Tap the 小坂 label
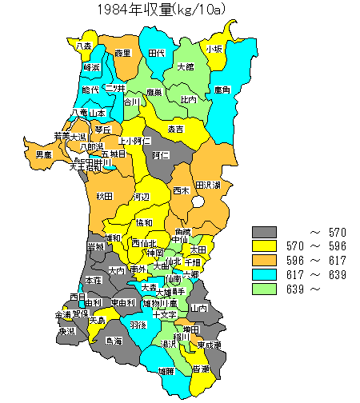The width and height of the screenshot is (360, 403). [214, 49]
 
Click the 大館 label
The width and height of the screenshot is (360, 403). [186, 66]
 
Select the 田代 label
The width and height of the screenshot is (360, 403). [157, 53]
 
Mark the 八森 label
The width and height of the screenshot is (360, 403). [83, 46]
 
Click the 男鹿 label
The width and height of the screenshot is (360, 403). [44, 154]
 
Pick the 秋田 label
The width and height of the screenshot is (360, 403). [104, 196]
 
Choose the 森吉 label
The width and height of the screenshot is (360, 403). [175, 129]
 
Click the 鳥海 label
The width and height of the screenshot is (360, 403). [114, 341]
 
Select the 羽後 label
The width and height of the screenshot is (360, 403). [138, 325]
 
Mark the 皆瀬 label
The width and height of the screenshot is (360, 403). [201, 369]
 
